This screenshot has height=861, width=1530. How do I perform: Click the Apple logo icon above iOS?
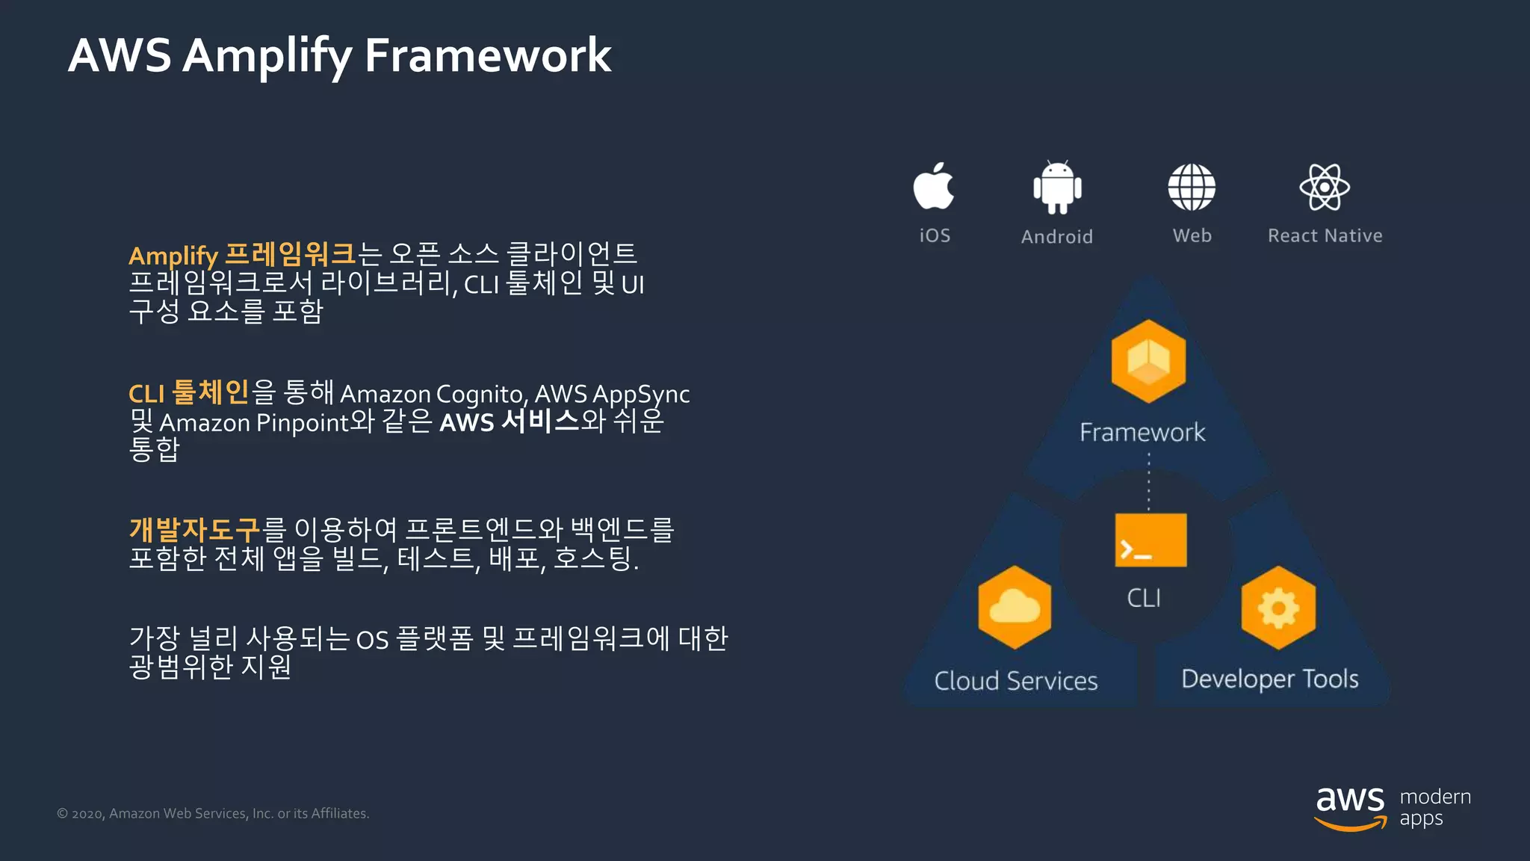coord(933,187)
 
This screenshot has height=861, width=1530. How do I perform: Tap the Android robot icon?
coord(1057,188)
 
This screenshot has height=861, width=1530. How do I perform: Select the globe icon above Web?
coord(1192,188)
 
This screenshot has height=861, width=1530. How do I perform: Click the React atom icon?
coord(1324,188)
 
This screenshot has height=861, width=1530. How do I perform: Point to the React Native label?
coord(1325,235)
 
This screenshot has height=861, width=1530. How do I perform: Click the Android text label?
coord(1057,237)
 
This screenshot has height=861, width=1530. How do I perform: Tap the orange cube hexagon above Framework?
coord(1148,361)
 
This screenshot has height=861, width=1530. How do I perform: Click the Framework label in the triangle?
coord(1142,432)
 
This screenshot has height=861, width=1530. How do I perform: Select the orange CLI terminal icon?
coord(1150,540)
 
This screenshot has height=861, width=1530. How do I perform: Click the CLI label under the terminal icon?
coord(1144,598)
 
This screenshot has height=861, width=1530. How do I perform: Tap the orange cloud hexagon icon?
coord(1015,607)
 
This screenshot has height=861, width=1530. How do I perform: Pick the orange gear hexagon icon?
coord(1278,608)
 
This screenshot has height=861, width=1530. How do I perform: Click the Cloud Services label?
coord(1016,681)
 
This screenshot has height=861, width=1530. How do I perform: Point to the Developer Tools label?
coord(1269,679)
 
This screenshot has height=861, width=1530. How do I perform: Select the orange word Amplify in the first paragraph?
coord(173,256)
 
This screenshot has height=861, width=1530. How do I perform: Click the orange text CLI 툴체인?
coord(188,393)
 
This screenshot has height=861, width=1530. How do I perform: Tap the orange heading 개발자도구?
coord(194,529)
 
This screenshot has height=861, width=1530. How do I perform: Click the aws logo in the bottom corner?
coord(1350,807)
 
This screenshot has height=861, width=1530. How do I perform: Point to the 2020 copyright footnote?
coord(213,813)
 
